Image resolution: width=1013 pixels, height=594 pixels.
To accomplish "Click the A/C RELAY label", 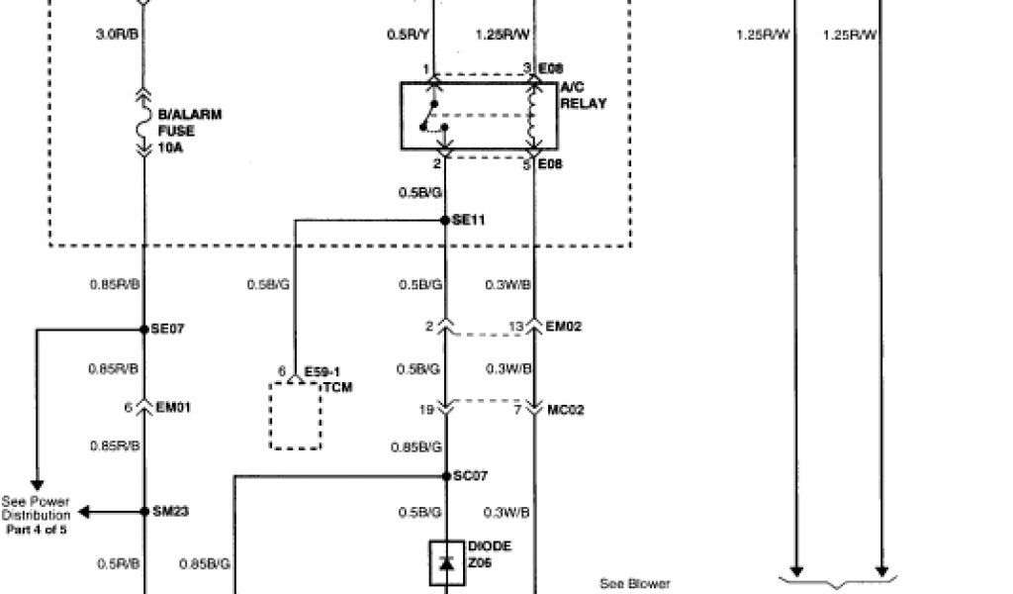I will (x=583, y=96).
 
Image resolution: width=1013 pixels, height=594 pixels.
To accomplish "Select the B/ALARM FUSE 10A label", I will (x=189, y=130).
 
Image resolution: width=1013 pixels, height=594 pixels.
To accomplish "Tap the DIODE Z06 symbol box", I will (x=446, y=562).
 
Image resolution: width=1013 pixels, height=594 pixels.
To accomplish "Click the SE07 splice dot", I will (x=142, y=330).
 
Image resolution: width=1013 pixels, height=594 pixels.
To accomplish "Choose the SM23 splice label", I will (x=170, y=512).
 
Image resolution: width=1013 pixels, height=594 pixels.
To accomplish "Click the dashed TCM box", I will (x=295, y=415).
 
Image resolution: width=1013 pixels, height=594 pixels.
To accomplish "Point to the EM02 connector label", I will (x=566, y=326).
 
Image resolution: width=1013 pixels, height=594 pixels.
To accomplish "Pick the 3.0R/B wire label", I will (x=117, y=35).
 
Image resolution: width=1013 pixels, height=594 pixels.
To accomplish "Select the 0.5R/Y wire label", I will (x=408, y=35).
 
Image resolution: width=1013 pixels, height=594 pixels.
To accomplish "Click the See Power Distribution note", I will (x=37, y=515).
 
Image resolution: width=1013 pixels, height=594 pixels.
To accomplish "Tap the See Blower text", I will (x=634, y=584).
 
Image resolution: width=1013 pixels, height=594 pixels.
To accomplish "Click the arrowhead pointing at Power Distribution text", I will (x=83, y=512).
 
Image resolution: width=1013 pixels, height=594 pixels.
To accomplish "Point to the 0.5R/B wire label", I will (x=118, y=564).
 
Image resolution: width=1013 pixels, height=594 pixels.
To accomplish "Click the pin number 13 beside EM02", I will (x=514, y=326).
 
